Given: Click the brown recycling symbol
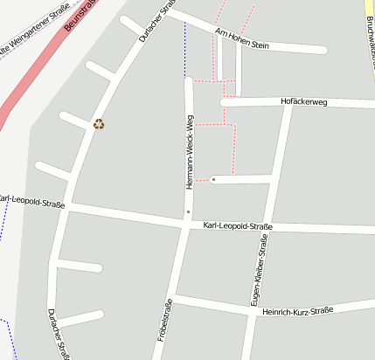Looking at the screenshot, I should pyautogui.click(x=99, y=124).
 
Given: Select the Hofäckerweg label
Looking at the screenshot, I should pyautogui.click(x=303, y=102).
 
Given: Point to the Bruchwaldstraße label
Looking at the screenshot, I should pyautogui.click(x=371, y=26).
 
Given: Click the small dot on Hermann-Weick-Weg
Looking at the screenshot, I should pyautogui.click(x=188, y=211).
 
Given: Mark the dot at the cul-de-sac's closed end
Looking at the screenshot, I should pyautogui.click(x=213, y=179).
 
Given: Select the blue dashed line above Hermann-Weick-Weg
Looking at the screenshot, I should pyautogui.click(x=185, y=48).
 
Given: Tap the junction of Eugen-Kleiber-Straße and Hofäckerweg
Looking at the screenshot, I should pyautogui.click(x=288, y=103).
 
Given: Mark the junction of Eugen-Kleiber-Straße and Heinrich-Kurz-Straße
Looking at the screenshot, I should pyautogui.click(x=253, y=313).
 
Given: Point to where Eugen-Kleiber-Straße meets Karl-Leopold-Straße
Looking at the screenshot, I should pyautogui.click(x=267, y=229).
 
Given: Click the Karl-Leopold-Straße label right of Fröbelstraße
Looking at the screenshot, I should pyautogui.click(x=238, y=227).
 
